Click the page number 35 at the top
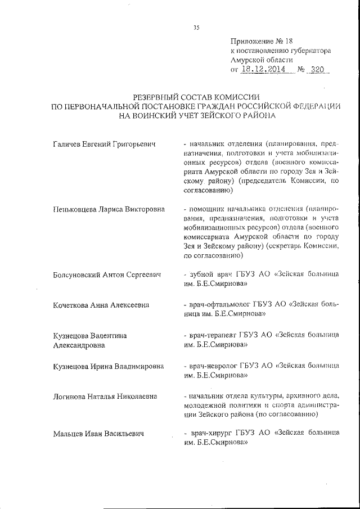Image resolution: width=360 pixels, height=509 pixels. (196, 27)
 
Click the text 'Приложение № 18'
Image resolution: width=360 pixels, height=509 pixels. (262, 41)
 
